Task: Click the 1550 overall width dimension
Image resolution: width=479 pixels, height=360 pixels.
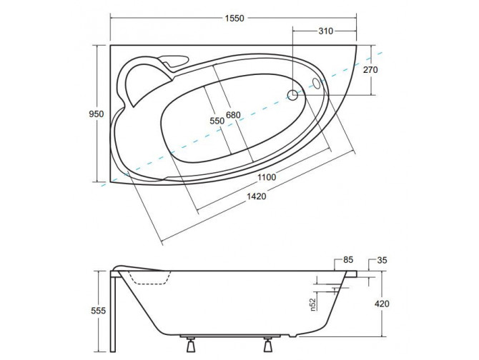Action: pos(235,19)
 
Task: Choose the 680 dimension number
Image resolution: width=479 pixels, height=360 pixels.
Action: pos(234,116)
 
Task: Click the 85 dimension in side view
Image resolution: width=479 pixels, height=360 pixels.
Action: pos(348,261)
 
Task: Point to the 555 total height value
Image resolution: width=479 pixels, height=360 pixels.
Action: pos(100,311)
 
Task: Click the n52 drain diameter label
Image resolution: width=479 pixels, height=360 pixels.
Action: pos(312,305)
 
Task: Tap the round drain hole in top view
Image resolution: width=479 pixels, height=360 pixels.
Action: pos(293,94)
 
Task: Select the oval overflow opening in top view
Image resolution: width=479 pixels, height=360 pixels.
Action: pos(317,84)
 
